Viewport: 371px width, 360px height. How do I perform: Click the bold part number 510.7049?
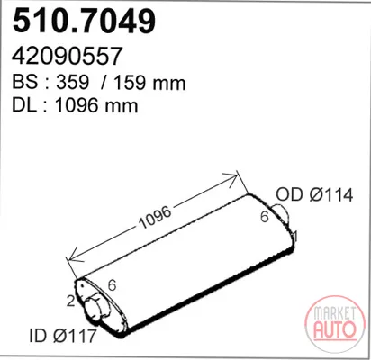pyautogui.click(x=84, y=21)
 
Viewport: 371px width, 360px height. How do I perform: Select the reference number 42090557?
pyautogui.click(x=67, y=56)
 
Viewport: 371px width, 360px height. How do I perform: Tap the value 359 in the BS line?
pyautogui.click(x=72, y=82)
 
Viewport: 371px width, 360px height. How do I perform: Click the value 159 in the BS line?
pyautogui.click(x=131, y=82)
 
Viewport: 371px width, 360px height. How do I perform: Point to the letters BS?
pyautogui.click(x=25, y=82)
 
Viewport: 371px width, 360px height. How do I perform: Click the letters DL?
pyautogui.click(x=24, y=105)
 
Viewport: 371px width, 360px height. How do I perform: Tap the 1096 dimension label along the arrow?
pyautogui.click(x=155, y=217)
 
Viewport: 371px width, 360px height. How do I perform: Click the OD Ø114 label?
pyautogui.click(x=314, y=195)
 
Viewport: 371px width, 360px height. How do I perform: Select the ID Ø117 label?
pyautogui.click(x=63, y=336)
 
